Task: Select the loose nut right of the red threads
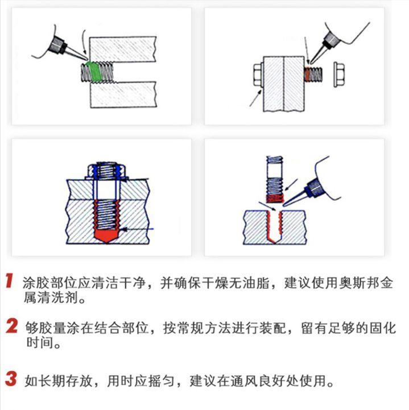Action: pos(339,73)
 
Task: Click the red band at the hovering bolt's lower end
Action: pos(275,197)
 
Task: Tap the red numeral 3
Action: pos(11,378)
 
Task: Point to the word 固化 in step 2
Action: pos(380,328)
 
